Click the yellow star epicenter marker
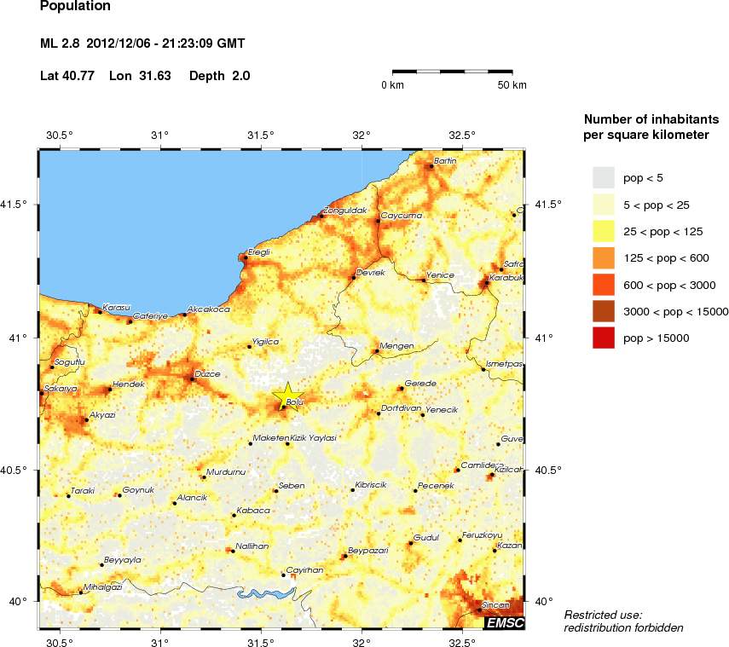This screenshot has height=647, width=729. [x=289, y=396]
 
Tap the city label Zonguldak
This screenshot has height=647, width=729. [x=345, y=210]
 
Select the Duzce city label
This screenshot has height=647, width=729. [x=208, y=373]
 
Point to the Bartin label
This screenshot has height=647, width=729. [x=446, y=160]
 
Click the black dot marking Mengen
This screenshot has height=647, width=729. [x=377, y=350]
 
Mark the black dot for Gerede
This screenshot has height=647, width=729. [x=401, y=389]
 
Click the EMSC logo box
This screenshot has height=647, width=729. [x=504, y=623]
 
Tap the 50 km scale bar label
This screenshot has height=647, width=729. [x=512, y=85]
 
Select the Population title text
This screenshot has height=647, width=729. [x=75, y=7]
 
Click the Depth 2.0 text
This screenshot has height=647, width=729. [x=219, y=76]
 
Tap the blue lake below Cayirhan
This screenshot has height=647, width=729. [x=265, y=592]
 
